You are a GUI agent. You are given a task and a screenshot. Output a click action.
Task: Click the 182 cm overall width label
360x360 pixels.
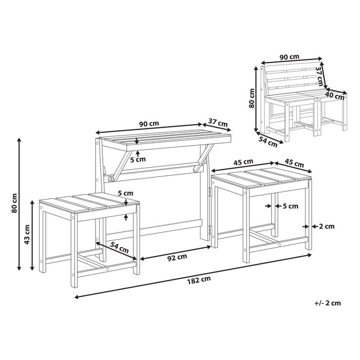point(200,280)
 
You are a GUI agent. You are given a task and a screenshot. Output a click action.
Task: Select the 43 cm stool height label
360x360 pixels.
point(28,236)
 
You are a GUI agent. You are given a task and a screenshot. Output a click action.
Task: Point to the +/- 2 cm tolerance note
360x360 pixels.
point(328,303)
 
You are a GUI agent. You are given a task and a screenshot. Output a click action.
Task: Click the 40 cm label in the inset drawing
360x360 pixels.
point(335,96)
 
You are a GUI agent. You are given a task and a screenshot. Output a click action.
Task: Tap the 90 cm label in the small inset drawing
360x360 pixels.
point(290,57)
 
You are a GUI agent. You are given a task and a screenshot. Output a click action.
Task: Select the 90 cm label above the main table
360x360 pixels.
point(149,123)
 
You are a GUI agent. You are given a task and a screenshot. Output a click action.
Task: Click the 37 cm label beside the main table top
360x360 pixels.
point(219,123)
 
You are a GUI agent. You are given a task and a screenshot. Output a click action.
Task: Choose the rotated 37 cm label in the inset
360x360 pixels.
point(319,76)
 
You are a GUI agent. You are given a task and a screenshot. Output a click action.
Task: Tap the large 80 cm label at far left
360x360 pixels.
point(15,203)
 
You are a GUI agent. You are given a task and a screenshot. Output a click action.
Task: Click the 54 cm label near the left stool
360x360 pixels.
point(120,248)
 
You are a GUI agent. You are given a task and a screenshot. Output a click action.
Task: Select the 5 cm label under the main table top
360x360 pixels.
point(138,159)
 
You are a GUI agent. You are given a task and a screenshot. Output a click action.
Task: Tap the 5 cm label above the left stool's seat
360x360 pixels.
point(125,194)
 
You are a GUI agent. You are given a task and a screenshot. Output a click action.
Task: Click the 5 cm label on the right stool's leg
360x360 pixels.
point(289,207)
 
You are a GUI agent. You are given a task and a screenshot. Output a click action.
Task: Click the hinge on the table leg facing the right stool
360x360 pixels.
point(210,191)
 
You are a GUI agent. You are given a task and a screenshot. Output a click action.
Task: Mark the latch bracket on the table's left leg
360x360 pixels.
point(110,178)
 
